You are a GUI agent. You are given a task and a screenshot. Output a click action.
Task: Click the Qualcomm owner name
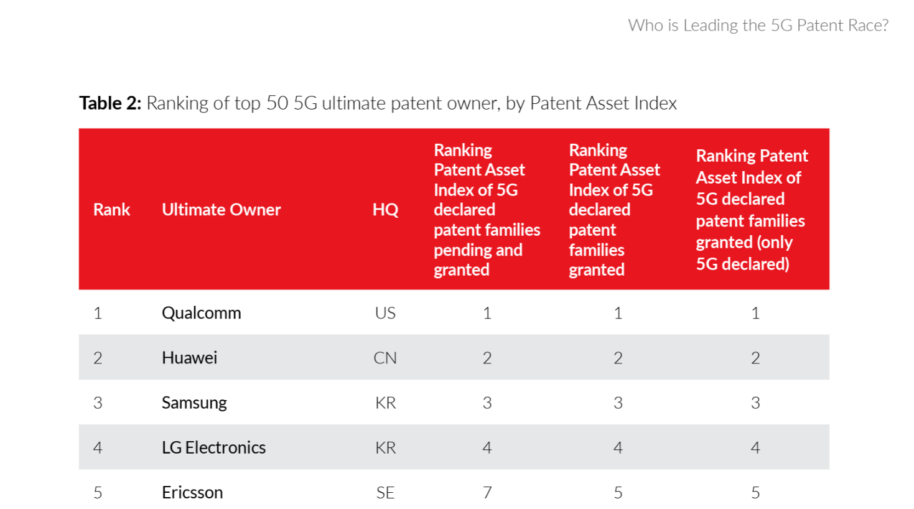pyautogui.click(x=201, y=313)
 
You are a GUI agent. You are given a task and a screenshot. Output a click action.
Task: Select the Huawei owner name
pyautogui.click(x=189, y=358)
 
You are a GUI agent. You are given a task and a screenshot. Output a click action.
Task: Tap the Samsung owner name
pyautogui.click(x=194, y=403)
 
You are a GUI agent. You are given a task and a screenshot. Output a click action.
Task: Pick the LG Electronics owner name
pyautogui.click(x=213, y=447)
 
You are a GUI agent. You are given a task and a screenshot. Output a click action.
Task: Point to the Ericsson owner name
pyautogui.click(x=192, y=492)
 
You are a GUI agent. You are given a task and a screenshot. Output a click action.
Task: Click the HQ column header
pyautogui.click(x=385, y=210)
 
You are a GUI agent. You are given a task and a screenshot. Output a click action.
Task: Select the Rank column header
pyautogui.click(x=111, y=210)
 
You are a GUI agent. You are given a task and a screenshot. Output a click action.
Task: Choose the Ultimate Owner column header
pyautogui.click(x=221, y=210)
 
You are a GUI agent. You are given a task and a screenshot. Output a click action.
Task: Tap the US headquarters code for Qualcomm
pyautogui.click(x=385, y=313)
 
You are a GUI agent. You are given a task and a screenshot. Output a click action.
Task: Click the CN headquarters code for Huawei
pyautogui.click(x=385, y=358)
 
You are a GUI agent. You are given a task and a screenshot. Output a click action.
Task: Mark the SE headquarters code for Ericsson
pyautogui.click(x=385, y=493)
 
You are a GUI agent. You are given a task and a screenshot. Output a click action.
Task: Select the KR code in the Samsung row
pyautogui.click(x=385, y=403)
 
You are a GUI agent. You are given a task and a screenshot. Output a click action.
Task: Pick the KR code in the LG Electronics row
pyautogui.click(x=385, y=447)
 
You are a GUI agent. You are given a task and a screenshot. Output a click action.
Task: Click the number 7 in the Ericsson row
pyautogui.click(x=487, y=493)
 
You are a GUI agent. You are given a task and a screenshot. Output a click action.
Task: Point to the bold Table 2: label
pyautogui.click(x=110, y=103)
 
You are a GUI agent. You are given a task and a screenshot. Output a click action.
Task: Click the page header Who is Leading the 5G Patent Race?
pyautogui.click(x=758, y=26)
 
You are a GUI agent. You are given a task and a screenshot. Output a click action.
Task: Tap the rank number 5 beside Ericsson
pyautogui.click(x=98, y=493)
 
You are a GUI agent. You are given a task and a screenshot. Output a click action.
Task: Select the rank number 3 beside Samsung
pyautogui.click(x=98, y=403)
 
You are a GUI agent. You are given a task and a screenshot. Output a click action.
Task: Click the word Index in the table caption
pyautogui.click(x=655, y=103)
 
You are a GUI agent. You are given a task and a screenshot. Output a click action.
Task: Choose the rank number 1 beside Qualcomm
pyautogui.click(x=98, y=313)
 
